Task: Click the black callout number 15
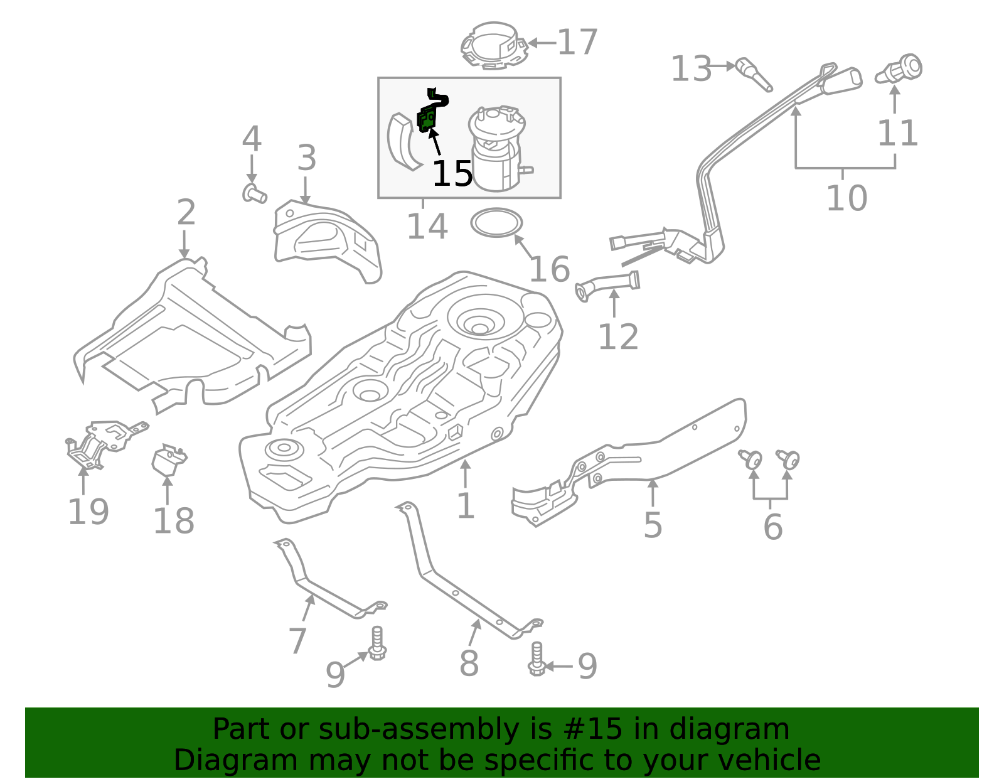click(x=452, y=173)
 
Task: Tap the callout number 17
click(x=577, y=43)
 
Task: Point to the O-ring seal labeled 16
click(x=496, y=223)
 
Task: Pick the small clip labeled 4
click(x=254, y=193)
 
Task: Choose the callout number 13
click(x=691, y=68)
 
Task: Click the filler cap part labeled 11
click(x=900, y=70)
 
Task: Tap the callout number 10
click(x=846, y=198)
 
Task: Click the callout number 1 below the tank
click(x=465, y=506)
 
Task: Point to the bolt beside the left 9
click(x=376, y=643)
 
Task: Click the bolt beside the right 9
click(x=537, y=659)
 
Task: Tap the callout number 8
click(x=469, y=663)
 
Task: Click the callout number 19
click(x=88, y=512)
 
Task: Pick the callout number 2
click(x=186, y=213)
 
